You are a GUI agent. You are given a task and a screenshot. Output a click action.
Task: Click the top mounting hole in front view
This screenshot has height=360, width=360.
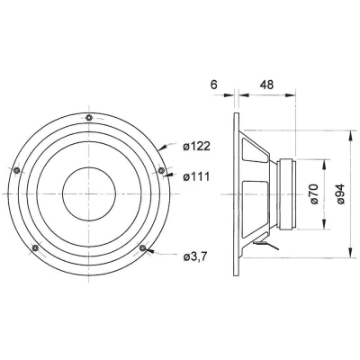pyautogui.click(x=88, y=118)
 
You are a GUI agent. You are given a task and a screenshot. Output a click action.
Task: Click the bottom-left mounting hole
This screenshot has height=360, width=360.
pyautogui.click(x=34, y=248)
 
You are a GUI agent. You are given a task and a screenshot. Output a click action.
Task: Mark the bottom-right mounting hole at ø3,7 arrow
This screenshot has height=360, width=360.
pyautogui.click(x=142, y=248)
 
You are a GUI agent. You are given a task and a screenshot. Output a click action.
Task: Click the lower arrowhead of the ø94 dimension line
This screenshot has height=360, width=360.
pyautogui.click(x=348, y=245)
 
